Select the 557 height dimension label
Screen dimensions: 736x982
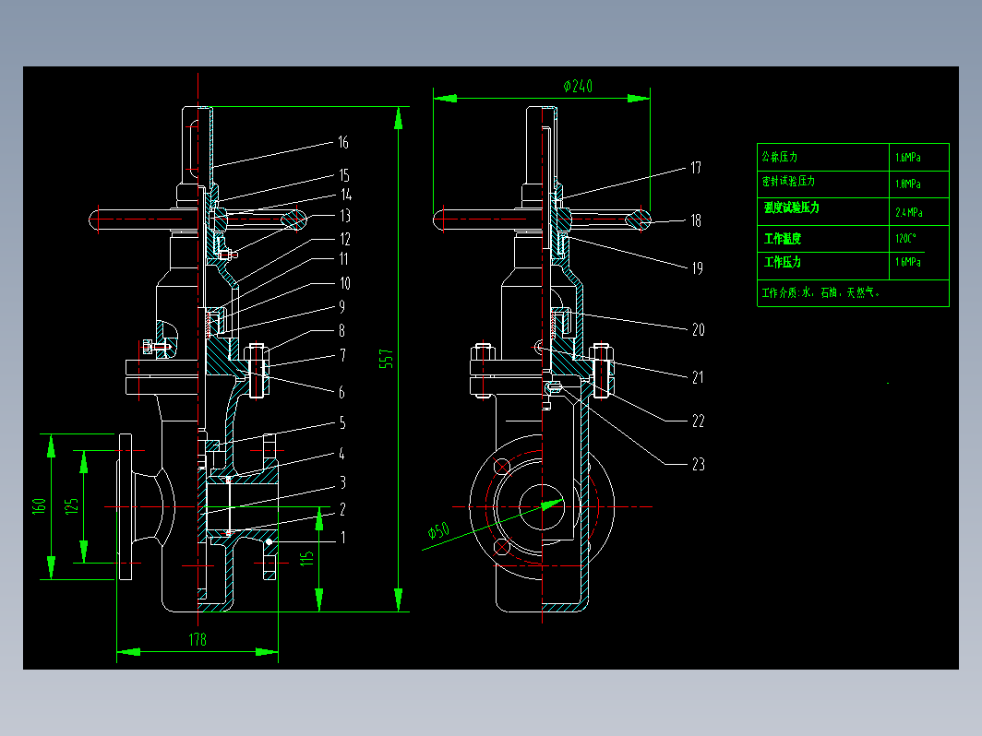[x=388, y=360]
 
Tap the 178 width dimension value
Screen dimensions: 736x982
[x=198, y=639]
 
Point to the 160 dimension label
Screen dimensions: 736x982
[x=40, y=506]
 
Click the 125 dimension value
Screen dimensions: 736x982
[x=73, y=505]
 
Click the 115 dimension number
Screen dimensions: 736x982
[x=308, y=557]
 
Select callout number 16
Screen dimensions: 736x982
[x=342, y=142]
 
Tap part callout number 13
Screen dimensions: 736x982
[x=344, y=216]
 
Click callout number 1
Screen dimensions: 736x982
[x=342, y=536]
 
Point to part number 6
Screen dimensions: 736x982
[x=341, y=392]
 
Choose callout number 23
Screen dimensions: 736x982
[x=698, y=464]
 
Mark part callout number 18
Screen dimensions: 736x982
[x=695, y=220]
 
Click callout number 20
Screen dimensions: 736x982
[x=698, y=329]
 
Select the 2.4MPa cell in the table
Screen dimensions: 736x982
[x=908, y=212]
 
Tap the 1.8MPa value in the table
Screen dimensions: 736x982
[x=907, y=184]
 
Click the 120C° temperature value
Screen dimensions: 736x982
[x=906, y=238]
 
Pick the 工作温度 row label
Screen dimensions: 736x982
[x=783, y=238]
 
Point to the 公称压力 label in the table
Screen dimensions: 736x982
[x=780, y=156]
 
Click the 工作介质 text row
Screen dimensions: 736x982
[x=820, y=293]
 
